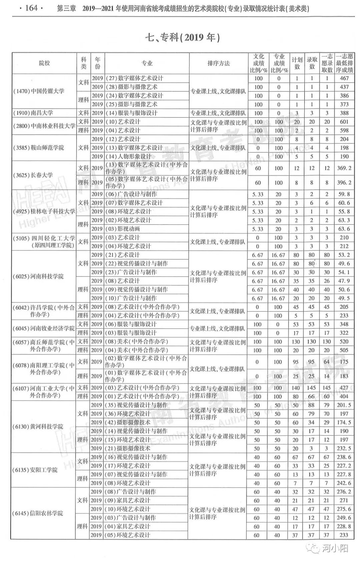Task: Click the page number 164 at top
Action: pos(31,8)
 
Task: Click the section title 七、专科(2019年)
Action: pos(183,37)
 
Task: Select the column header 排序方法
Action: pos(218,63)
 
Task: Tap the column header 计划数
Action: pos(297,63)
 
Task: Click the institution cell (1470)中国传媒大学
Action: pos(39,91)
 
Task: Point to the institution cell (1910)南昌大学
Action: pos(33,113)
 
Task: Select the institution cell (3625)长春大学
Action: pos(33,175)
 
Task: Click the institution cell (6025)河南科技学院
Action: pos(38,276)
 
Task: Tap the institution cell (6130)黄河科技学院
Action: pos(38,427)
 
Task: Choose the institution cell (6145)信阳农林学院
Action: pos(38,513)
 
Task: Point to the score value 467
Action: pos(344,78)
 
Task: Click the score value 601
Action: pos(344,122)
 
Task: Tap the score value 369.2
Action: pos(344,168)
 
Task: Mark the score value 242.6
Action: pos(344,483)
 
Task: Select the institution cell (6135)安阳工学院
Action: pos(35,470)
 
